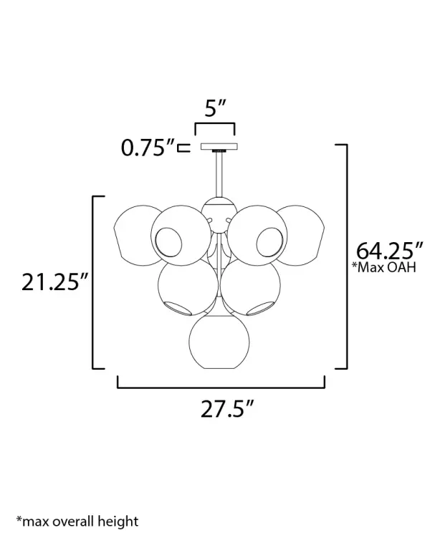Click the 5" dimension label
coord(215,107)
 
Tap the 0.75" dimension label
coord(148,148)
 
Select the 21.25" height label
coord(55,282)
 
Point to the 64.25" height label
coord(389,251)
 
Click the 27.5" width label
coord(227,408)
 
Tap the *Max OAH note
coord(384,267)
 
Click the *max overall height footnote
coord(77,521)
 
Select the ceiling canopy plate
coord(219,147)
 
